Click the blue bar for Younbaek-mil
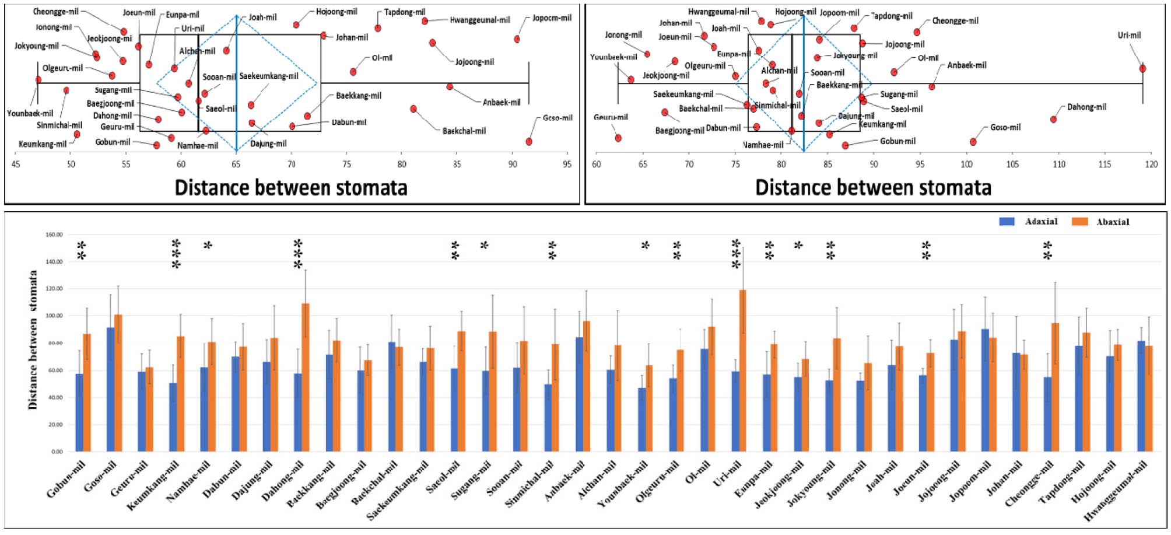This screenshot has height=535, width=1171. click(x=641, y=419)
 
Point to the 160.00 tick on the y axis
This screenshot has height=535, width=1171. click(x=54, y=235)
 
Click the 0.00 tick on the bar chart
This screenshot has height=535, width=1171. click(x=57, y=452)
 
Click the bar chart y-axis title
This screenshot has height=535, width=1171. click(x=33, y=340)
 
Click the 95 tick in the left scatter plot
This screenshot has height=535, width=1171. click(x=567, y=165)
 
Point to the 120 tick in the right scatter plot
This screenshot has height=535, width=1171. click(x=1151, y=165)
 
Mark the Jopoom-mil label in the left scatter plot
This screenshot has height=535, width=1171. click(x=552, y=18)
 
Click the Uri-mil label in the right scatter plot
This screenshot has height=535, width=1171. click(x=1129, y=35)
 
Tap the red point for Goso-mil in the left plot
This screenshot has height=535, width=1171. click(x=528, y=142)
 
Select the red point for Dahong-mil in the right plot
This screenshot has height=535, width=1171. click(x=1053, y=120)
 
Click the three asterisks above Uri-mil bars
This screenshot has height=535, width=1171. click(x=736, y=254)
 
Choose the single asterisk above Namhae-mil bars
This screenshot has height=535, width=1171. click(x=208, y=246)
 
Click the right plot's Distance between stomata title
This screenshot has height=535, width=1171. click(x=873, y=188)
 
